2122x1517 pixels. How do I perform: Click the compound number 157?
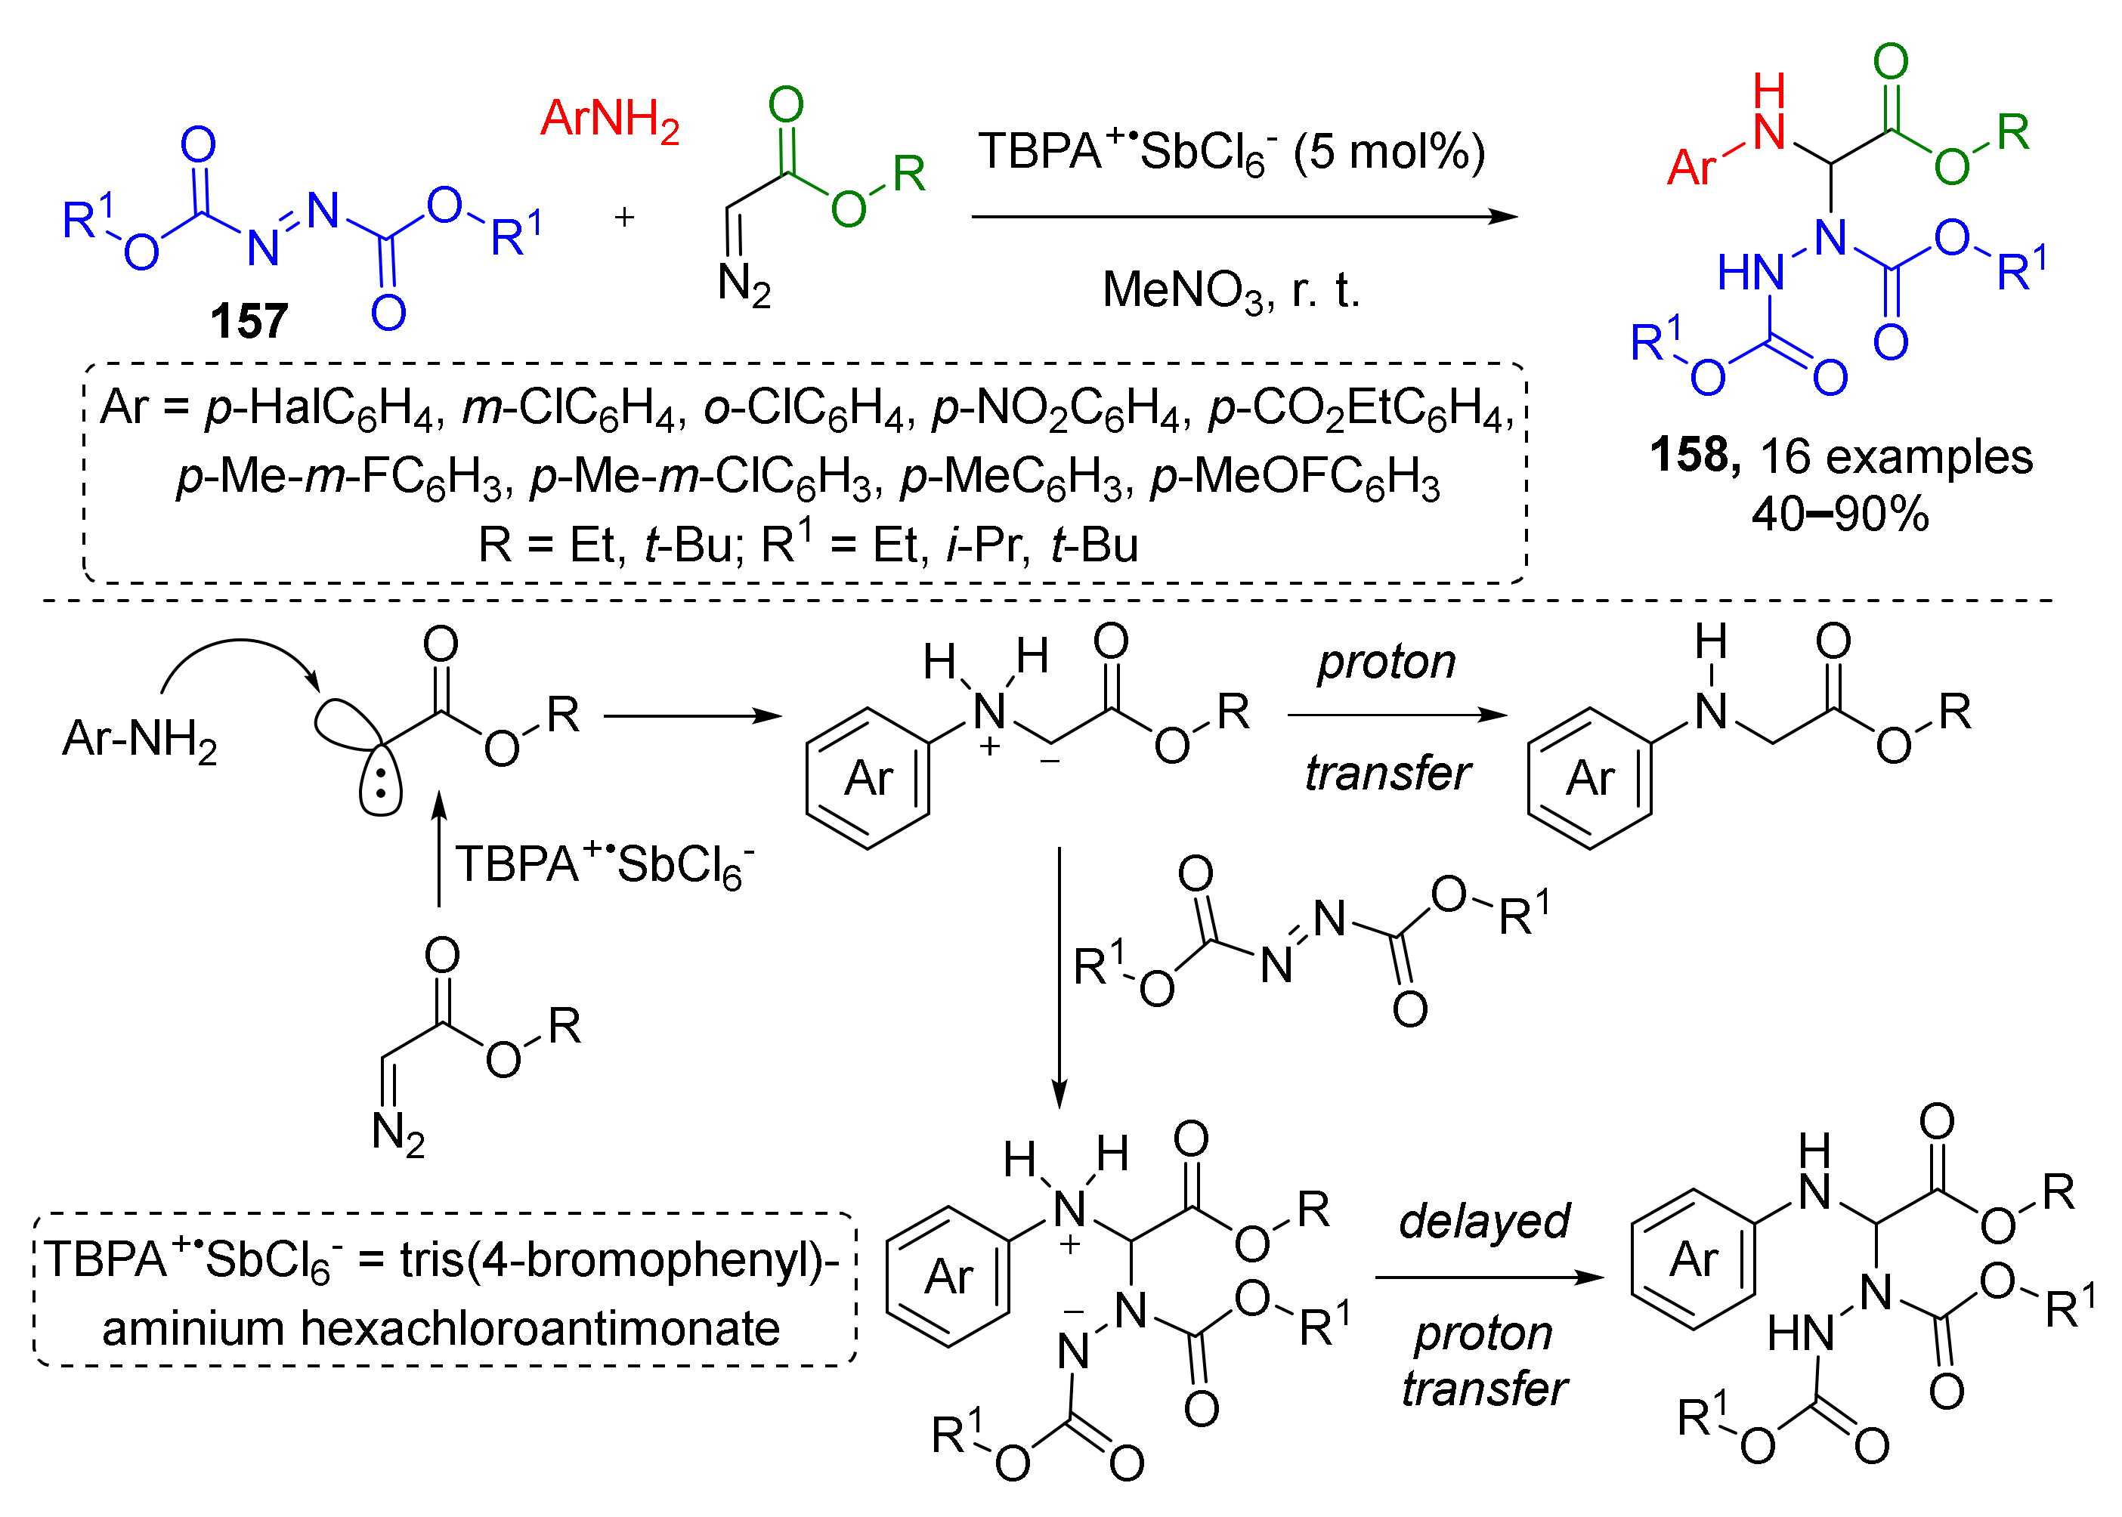click(248, 320)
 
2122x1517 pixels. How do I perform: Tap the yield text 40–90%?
click(1839, 514)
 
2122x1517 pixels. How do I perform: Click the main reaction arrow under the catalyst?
click(1242, 217)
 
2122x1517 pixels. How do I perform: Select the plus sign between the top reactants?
click(623, 218)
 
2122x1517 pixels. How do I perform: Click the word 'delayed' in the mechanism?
click(1483, 1221)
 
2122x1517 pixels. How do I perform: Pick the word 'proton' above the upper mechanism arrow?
click(1386, 663)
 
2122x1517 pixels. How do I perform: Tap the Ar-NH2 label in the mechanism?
click(139, 739)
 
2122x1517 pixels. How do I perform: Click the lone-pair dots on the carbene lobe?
click(380, 783)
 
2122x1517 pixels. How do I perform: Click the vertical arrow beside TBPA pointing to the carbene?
click(439, 850)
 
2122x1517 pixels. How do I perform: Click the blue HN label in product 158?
click(1749, 273)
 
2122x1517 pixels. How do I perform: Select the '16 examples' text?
click(1896, 457)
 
